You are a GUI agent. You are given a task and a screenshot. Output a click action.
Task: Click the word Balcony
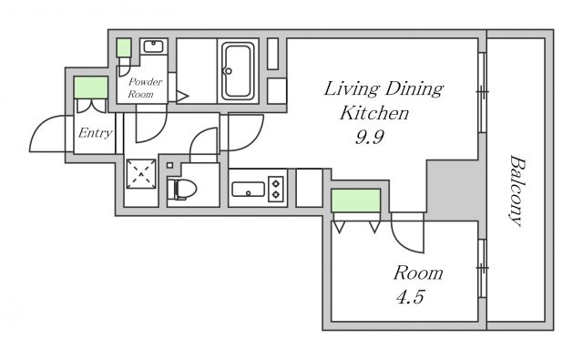coord(517,190)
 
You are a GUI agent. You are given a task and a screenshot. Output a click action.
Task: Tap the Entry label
coord(95,133)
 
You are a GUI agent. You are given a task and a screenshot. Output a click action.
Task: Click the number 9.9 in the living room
coord(369,138)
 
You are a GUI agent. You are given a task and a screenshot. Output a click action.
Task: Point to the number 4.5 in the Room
coord(410,297)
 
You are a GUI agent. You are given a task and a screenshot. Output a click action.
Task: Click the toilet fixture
coord(181,189)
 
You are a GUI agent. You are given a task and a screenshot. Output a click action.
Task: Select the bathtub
coord(238,71)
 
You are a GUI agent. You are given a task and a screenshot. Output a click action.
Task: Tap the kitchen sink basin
coord(248,190)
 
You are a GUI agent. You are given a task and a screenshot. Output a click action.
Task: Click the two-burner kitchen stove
coord(276,190)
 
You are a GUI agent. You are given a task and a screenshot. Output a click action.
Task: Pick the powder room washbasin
coord(154,46)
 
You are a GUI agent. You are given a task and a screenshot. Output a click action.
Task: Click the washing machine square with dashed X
coord(141,174)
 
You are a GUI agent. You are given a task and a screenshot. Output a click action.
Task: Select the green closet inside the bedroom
coord(356,201)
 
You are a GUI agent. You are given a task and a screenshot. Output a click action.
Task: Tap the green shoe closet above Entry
coord(91,87)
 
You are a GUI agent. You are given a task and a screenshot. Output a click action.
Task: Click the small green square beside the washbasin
coord(124,47)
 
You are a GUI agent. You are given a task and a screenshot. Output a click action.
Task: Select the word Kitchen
coord(374,113)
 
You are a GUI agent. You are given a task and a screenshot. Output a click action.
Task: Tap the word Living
coord(352,89)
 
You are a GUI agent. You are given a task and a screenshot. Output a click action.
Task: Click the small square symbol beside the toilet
coord(170,165)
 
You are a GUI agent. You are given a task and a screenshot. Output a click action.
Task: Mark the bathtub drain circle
coord(229,71)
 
